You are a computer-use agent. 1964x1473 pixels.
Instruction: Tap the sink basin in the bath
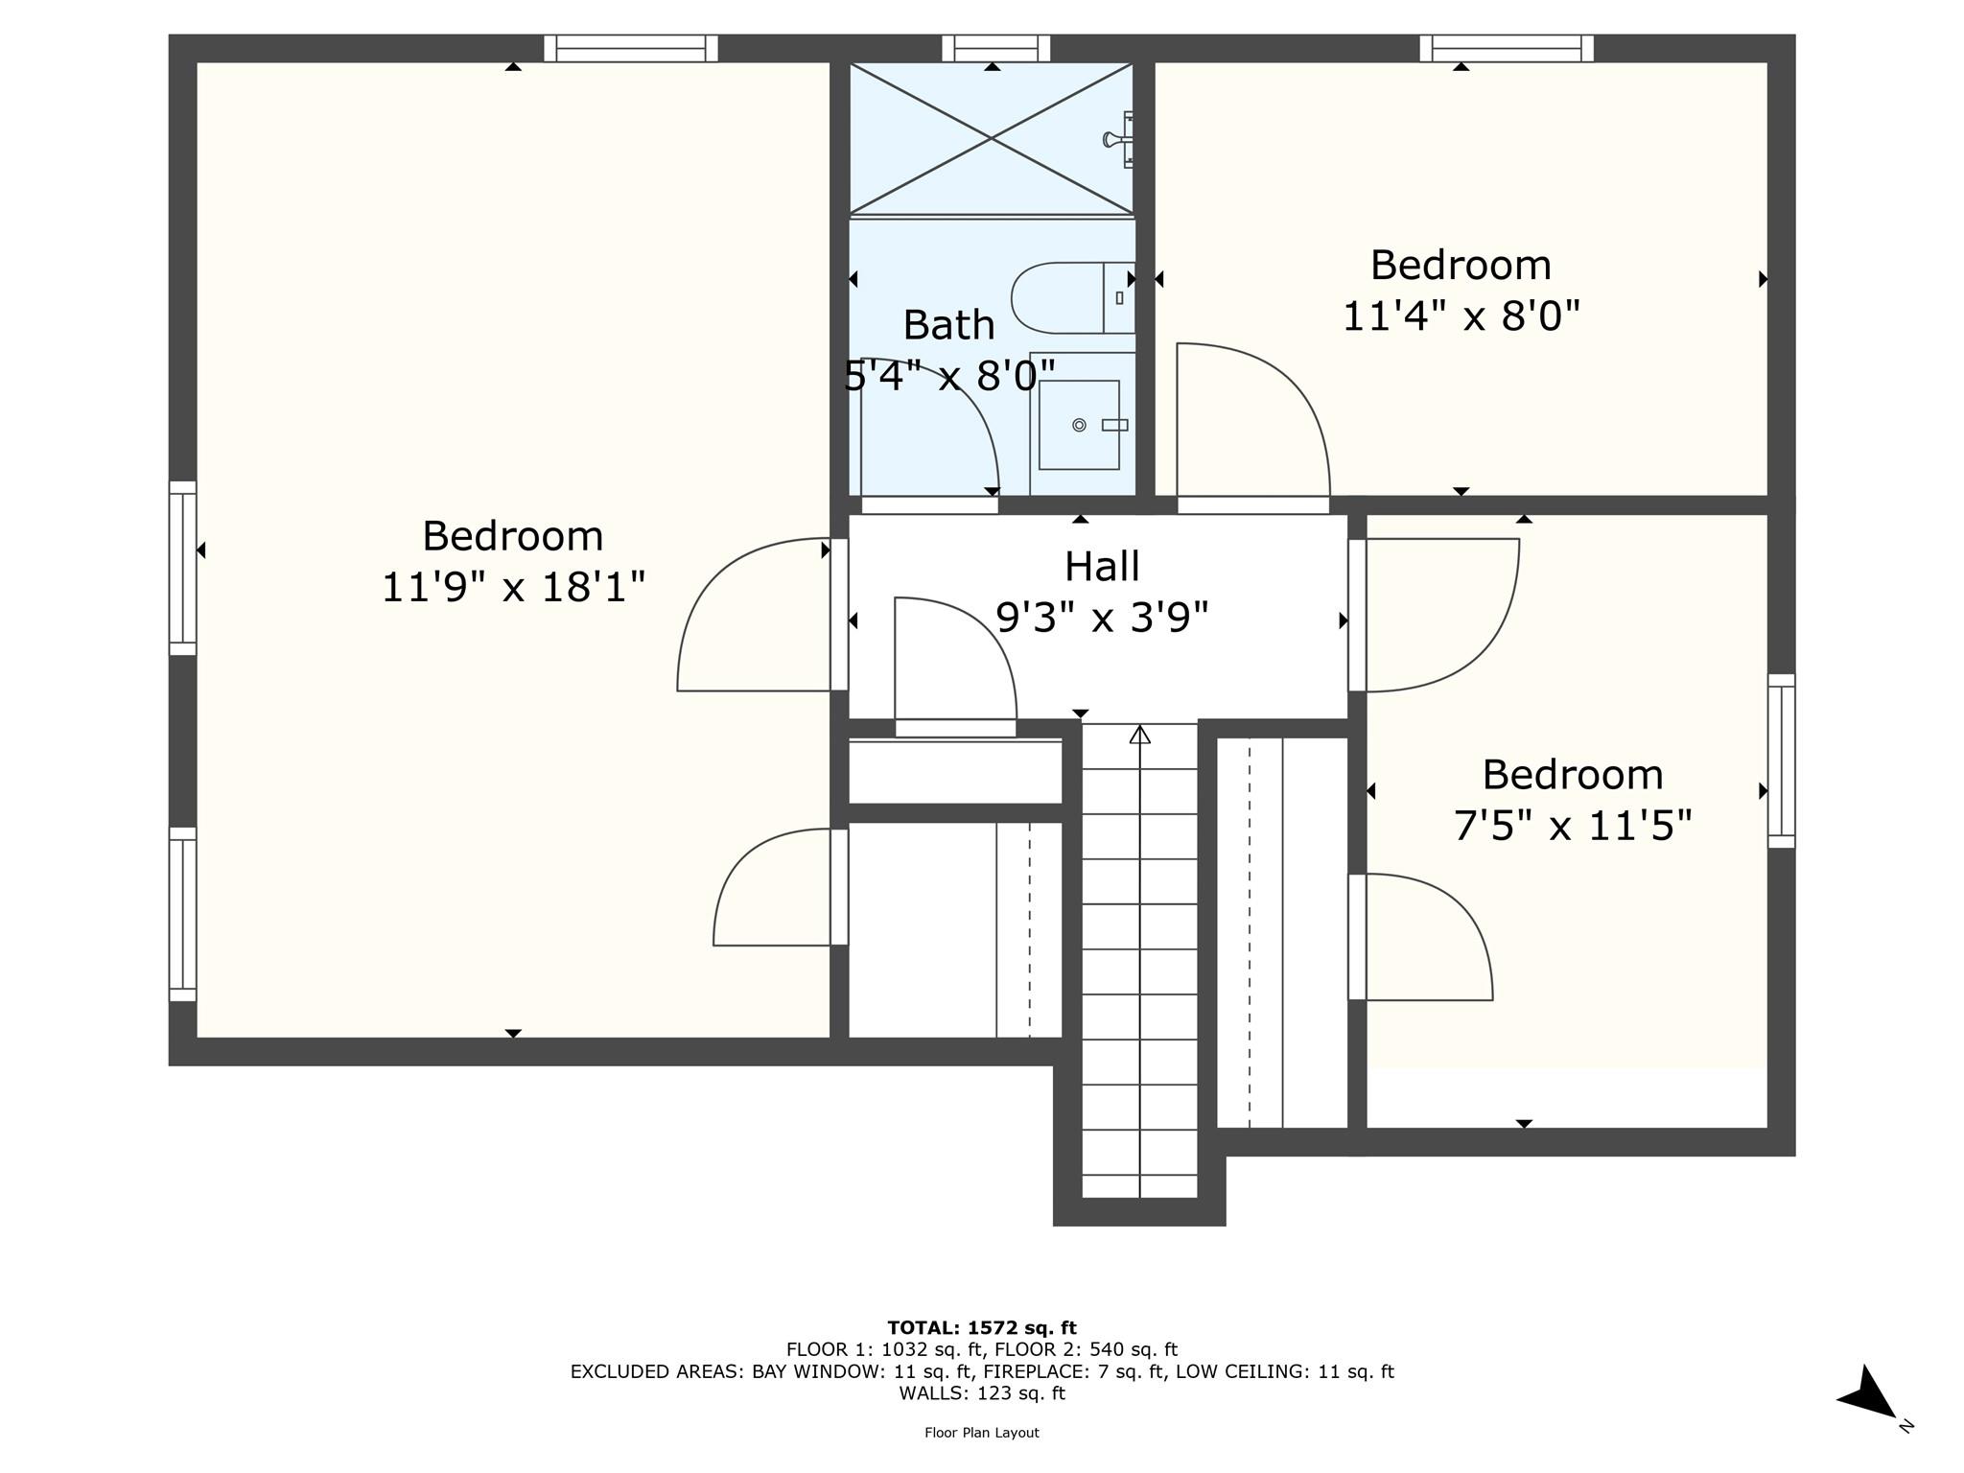(x=1079, y=425)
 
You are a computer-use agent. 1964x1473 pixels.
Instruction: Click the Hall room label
(x=1102, y=566)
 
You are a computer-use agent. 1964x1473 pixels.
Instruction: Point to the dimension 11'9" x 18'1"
(x=513, y=587)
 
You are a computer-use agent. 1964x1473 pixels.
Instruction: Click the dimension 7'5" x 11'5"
(x=1573, y=826)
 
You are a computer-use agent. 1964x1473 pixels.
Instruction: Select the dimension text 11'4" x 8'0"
(x=1460, y=316)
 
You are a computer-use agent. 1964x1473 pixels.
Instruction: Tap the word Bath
(x=948, y=325)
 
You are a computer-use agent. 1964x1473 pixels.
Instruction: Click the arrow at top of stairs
(x=1139, y=736)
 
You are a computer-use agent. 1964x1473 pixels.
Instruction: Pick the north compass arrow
(x=1867, y=1392)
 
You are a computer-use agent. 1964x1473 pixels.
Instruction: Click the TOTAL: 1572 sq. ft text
(x=981, y=1327)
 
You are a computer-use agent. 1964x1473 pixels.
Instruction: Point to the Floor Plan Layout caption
(x=981, y=1433)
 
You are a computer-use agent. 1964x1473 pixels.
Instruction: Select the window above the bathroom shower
(x=995, y=48)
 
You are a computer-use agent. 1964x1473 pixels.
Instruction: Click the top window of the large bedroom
(x=630, y=48)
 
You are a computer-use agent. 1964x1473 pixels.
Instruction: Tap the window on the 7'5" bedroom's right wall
(x=1781, y=760)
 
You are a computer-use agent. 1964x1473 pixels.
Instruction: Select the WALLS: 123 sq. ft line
(x=981, y=1393)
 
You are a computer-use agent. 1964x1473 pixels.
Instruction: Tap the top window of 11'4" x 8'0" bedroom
(x=1506, y=48)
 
